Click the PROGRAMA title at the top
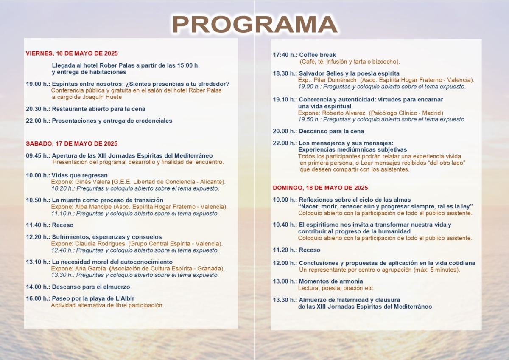255,25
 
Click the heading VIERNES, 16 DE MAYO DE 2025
72,53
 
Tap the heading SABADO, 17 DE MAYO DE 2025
72,144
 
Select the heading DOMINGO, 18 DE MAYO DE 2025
320,188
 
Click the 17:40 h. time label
285,55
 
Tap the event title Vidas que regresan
80,175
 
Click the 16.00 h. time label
37,298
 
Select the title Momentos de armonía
331,281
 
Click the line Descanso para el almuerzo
91,287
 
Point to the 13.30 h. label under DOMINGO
285,300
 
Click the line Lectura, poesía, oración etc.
336,288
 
